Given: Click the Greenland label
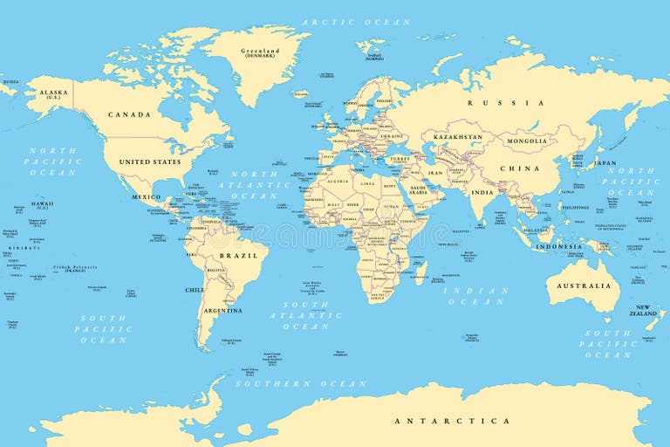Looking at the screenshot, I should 260,52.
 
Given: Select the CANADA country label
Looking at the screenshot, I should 129,114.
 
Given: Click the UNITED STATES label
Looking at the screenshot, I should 150,162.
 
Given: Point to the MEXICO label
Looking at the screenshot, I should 146,197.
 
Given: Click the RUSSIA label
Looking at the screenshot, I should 517,103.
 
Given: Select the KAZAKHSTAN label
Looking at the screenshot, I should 457,137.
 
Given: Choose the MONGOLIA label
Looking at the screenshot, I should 527,141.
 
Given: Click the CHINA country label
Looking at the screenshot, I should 519,168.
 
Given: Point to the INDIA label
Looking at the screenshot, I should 482,192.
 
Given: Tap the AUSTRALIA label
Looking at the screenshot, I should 585,285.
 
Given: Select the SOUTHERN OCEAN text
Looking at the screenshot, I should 300,383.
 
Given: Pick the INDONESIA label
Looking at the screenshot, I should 558,246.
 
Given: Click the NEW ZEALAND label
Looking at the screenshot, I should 644,311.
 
